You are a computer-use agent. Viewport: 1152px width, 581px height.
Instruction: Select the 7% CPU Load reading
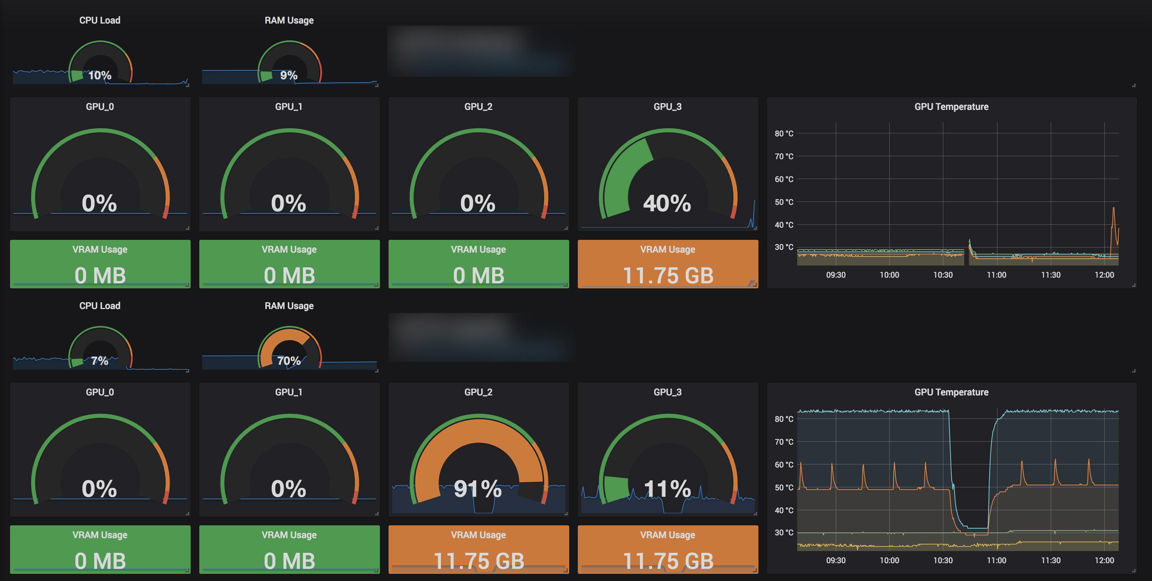[x=99, y=361]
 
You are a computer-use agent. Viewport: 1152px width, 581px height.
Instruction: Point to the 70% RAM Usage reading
[x=289, y=361]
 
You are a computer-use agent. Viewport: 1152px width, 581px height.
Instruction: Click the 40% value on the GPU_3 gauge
[x=667, y=203]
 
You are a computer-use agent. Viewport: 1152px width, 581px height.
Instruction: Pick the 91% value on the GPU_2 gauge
[x=477, y=489]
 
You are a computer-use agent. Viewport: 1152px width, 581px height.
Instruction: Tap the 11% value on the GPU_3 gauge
[x=667, y=489]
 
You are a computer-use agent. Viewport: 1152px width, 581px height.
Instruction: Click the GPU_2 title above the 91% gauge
[x=478, y=392]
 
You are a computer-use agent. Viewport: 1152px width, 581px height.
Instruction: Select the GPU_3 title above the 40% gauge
[x=667, y=106]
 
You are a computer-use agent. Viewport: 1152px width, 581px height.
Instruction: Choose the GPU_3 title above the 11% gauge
[x=667, y=392]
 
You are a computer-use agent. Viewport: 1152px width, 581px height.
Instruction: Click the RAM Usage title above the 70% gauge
[x=289, y=306]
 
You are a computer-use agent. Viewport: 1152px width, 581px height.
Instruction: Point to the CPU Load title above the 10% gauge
[x=100, y=20]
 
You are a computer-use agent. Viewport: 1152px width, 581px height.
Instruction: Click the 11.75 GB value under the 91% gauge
[x=479, y=561]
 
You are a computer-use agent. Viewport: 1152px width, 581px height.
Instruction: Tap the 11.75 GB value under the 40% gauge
[x=668, y=275]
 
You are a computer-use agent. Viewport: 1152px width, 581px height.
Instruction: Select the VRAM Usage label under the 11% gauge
[x=667, y=535]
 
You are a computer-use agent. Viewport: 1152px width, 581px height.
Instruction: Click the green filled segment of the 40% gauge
[x=624, y=179]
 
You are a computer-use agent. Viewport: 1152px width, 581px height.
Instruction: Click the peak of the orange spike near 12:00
[x=1113, y=208]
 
